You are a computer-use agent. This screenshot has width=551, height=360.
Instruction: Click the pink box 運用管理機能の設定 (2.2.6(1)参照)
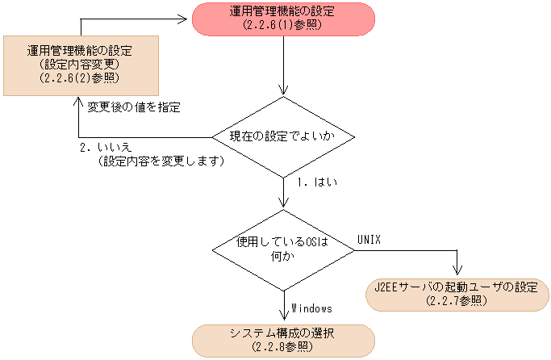point(283,19)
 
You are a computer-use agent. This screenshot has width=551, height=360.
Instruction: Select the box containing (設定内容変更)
point(79,63)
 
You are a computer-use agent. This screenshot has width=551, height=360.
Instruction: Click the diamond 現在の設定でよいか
point(283,136)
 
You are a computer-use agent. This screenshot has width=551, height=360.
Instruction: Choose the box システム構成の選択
point(283,341)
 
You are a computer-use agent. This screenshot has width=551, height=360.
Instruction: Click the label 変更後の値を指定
point(133,107)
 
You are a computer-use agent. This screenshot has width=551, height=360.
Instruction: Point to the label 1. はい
point(316,182)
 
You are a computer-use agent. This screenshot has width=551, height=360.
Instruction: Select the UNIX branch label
point(369,240)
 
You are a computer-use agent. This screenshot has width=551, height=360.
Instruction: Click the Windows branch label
point(311,308)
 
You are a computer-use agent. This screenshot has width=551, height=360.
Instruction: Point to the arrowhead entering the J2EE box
point(457,274)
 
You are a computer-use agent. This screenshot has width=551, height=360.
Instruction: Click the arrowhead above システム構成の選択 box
point(283,320)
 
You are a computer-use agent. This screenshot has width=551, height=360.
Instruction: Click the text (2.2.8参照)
point(283,348)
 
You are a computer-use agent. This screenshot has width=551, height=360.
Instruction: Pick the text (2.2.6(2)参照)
point(79,77)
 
